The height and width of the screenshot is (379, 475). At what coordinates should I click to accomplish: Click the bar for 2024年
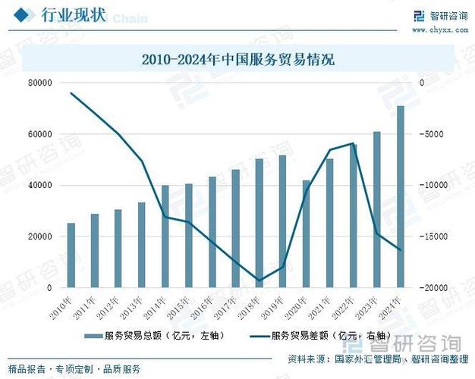coord(401,197)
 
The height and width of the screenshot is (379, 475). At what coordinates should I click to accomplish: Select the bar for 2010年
coord(71,255)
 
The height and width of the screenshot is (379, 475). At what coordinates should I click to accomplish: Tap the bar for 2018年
coord(260,223)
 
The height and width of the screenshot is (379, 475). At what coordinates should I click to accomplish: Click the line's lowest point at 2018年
coord(260,280)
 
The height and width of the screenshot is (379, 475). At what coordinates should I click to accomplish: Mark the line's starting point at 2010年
coord(71,93)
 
